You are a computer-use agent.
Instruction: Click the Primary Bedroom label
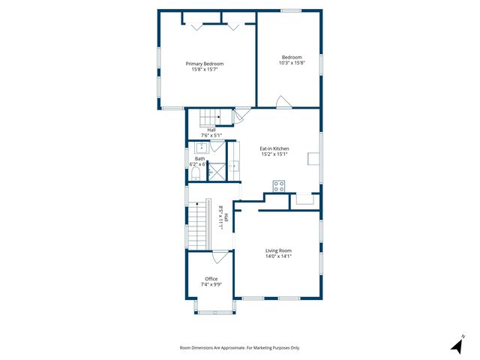tap(205, 64)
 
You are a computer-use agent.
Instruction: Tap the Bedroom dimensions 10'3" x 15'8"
tap(292, 63)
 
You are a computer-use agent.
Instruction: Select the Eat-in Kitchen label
tap(274, 148)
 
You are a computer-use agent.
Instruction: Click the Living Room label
tap(278, 250)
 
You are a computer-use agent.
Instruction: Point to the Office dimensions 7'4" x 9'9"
tap(211, 284)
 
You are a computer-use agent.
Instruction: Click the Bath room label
tap(200, 158)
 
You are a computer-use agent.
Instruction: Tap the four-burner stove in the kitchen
tap(278, 187)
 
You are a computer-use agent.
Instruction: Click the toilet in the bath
tap(196, 174)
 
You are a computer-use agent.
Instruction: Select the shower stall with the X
tap(215, 172)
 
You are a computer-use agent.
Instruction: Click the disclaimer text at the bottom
tap(240, 348)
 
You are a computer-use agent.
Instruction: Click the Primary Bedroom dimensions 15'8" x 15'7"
tap(205, 70)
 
